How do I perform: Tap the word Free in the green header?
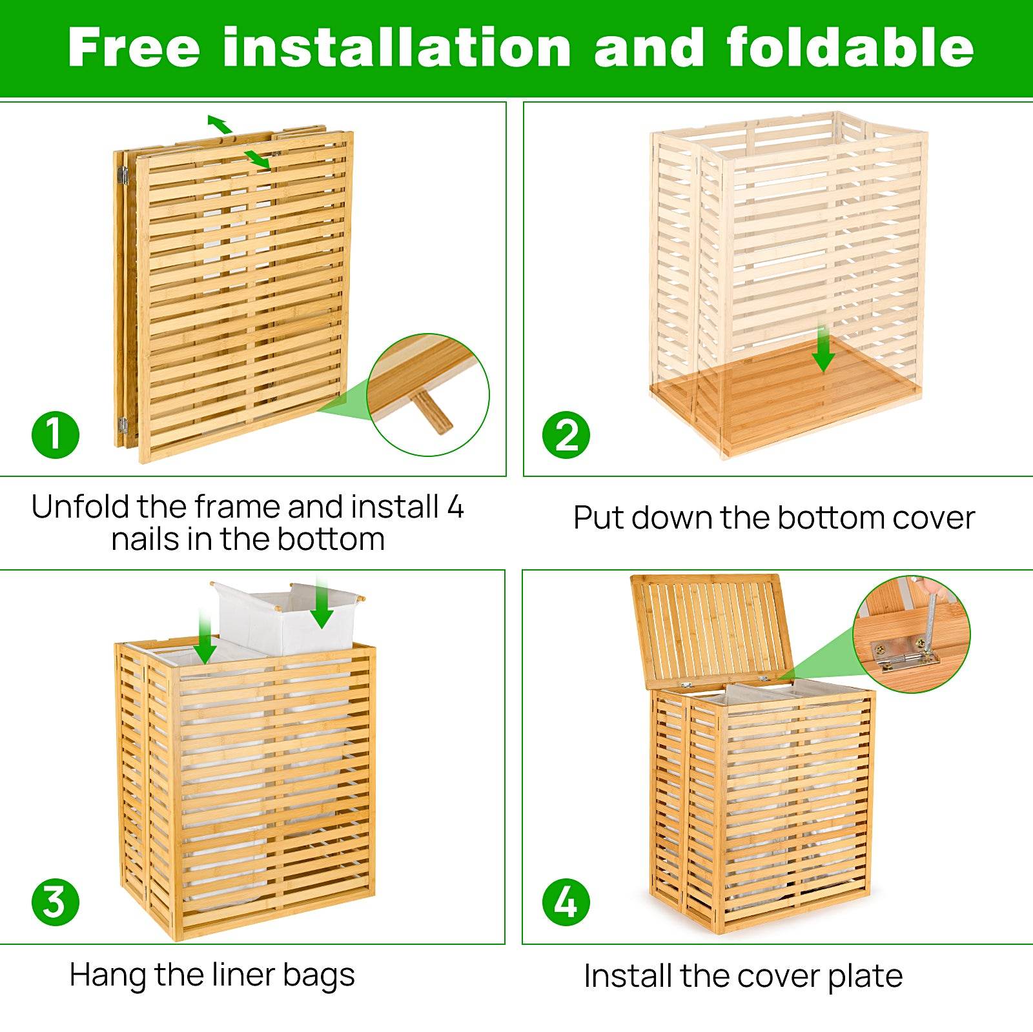pos(134,48)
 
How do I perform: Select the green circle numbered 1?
pos(56,435)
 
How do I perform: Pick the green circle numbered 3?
pos(56,902)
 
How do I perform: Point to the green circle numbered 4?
pos(566,902)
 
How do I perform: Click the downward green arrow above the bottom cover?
pos(823,352)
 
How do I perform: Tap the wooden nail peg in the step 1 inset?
pos(433,411)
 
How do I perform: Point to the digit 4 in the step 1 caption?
pos(455,507)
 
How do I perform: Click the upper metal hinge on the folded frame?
pos(122,174)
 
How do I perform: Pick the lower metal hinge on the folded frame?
pos(122,425)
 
